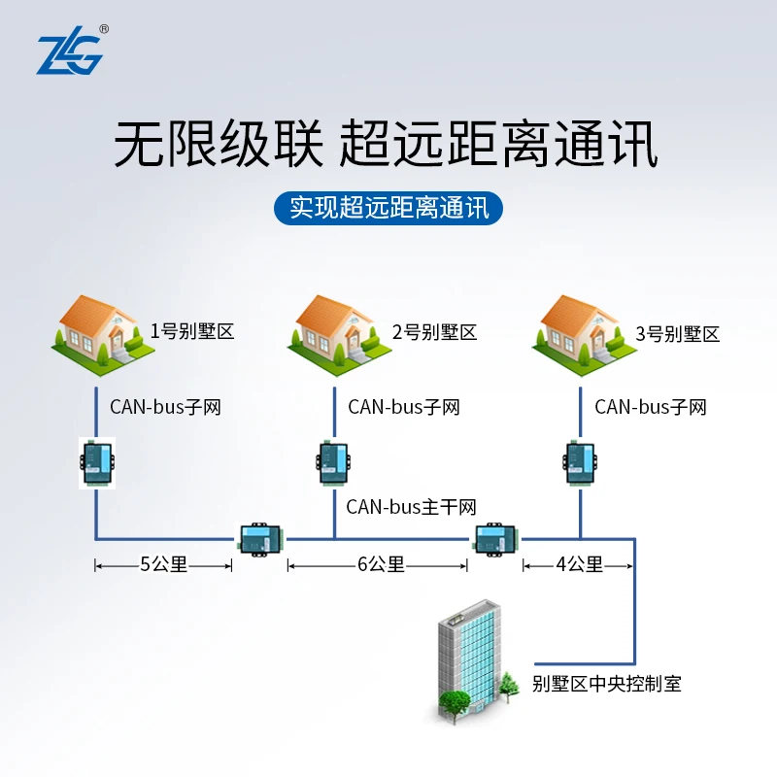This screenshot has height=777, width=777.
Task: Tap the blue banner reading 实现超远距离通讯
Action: [x=388, y=207]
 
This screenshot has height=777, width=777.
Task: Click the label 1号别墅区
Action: [x=191, y=332]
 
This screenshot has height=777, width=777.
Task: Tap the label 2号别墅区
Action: [x=434, y=332]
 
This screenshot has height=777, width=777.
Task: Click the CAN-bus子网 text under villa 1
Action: [x=165, y=407]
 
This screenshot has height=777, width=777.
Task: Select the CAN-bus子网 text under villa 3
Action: [x=650, y=407]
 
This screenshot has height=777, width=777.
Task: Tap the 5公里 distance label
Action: [x=163, y=564]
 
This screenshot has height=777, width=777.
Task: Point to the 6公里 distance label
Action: [x=381, y=564]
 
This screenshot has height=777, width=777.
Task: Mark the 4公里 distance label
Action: [x=579, y=564]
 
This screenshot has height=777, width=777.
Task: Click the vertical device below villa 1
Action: [x=96, y=461]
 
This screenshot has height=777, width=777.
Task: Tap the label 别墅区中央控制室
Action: [x=606, y=684]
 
